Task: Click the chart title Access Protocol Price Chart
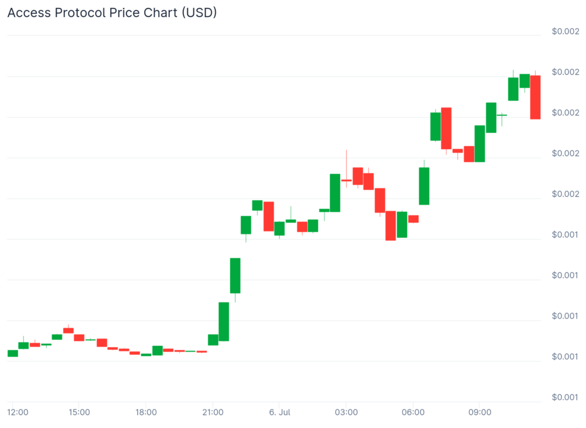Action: [112, 13]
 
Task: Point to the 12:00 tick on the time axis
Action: [18, 412]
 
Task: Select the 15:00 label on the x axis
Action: [79, 412]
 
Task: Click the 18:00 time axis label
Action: [146, 412]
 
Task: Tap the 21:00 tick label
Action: [213, 412]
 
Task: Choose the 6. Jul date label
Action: [280, 412]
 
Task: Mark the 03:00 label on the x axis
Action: [346, 412]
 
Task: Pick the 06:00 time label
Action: [413, 412]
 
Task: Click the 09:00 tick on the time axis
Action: [480, 412]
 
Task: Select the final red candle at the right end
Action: [536, 97]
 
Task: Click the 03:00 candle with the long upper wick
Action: [346, 180]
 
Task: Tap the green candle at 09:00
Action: [480, 143]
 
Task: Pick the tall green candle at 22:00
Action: [235, 276]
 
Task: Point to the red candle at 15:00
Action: [79, 337]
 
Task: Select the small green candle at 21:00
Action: [213, 340]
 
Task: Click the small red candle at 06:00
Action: [413, 219]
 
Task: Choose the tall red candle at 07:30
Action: [446, 128]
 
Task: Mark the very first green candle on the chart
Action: [13, 353]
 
